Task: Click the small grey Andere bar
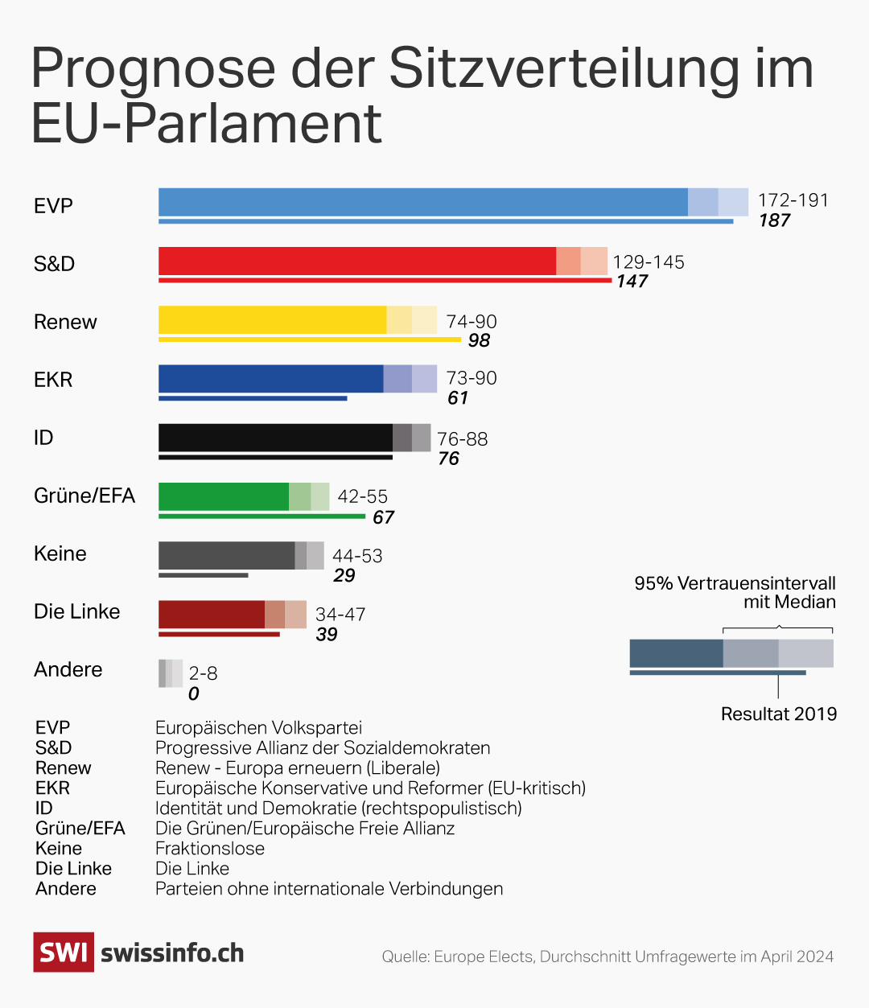click(x=170, y=673)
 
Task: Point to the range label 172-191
click(x=793, y=200)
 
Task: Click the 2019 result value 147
click(x=632, y=282)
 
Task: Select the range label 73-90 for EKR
click(x=472, y=378)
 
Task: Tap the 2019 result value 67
click(x=383, y=517)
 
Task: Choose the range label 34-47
click(x=340, y=615)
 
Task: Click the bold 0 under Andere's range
click(x=193, y=693)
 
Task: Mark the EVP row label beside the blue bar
click(x=53, y=206)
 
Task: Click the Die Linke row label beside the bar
click(x=76, y=611)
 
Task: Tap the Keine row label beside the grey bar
click(x=60, y=553)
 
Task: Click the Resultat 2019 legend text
click(x=778, y=714)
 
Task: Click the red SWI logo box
click(x=63, y=952)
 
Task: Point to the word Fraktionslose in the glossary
click(x=209, y=848)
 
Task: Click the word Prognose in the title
click(x=152, y=69)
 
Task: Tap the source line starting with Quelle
click(x=607, y=957)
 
